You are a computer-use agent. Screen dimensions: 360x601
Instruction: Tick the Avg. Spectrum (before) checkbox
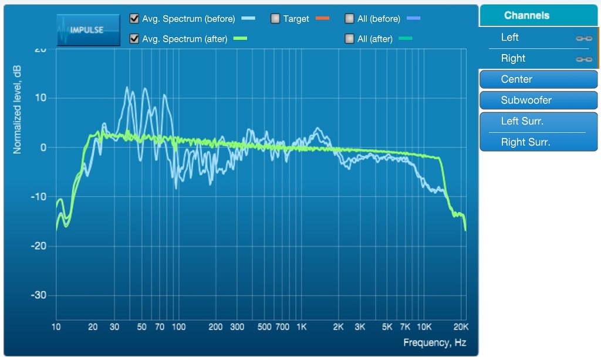pyautogui.click(x=134, y=19)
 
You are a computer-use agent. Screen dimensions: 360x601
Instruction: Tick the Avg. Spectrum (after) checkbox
pyautogui.click(x=134, y=39)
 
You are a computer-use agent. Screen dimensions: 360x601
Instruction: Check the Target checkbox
pyautogui.click(x=275, y=19)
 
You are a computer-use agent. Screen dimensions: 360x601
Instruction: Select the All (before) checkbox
pyautogui.click(x=349, y=19)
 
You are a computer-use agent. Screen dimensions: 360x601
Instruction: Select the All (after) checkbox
pyautogui.click(x=349, y=39)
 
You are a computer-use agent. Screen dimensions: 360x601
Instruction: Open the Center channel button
pyautogui.click(x=538, y=79)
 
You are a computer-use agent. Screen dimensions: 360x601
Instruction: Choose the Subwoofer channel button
pyautogui.click(x=538, y=100)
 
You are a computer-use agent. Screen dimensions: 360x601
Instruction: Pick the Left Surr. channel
pyautogui.click(x=538, y=122)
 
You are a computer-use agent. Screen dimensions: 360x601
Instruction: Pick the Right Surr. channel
pyautogui.click(x=538, y=142)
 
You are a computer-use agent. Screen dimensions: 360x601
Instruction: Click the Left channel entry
pyautogui.click(x=510, y=38)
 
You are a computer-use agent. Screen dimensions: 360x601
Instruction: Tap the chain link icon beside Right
pyautogui.click(x=583, y=59)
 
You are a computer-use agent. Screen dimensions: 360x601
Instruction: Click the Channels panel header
pyautogui.click(x=526, y=15)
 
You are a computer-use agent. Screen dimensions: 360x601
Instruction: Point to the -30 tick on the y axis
pyautogui.click(x=39, y=295)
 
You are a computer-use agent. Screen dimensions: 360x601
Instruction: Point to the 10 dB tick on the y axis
pyautogui.click(x=41, y=97)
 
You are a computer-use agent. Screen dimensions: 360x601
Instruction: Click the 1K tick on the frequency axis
pyautogui.click(x=301, y=327)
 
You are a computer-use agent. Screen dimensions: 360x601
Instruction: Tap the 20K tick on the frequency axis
pyautogui.click(x=461, y=327)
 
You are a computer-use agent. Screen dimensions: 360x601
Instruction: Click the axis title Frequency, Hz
pyautogui.click(x=434, y=343)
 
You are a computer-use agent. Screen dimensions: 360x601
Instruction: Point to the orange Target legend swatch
pyautogui.click(x=322, y=19)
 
